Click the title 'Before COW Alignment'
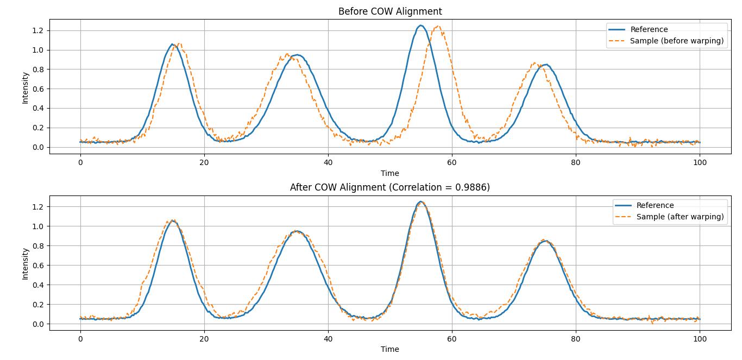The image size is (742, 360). (x=390, y=11)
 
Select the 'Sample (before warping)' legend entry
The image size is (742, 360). (x=676, y=41)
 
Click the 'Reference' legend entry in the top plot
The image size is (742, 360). (x=649, y=29)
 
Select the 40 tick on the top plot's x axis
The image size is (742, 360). (x=328, y=162)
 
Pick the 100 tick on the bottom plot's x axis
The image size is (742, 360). (x=700, y=338)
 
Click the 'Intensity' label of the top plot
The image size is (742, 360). (x=25, y=89)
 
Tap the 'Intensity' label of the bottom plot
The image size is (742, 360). (x=25, y=264)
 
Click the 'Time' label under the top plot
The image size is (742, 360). (x=389, y=173)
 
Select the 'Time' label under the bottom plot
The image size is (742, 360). (x=389, y=349)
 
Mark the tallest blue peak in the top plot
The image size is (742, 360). (x=420, y=26)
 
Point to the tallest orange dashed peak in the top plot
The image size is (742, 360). (x=438, y=26)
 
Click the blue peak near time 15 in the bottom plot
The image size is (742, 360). (x=172, y=220)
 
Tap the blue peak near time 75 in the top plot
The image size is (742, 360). (x=546, y=65)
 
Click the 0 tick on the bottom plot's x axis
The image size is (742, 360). (x=80, y=338)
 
